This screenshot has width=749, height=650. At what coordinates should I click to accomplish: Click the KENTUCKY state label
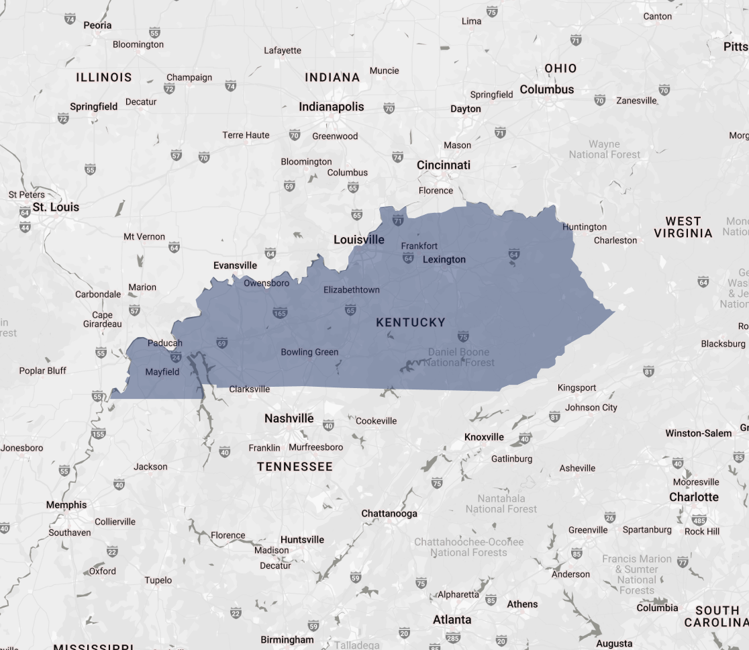410,322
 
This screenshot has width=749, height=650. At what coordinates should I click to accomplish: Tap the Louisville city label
359,240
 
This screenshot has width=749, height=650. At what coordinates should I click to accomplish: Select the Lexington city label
444,260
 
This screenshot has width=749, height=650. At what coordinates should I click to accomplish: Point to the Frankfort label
419,246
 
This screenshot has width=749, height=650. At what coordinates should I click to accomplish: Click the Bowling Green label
309,352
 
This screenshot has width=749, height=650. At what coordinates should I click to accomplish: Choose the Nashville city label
289,418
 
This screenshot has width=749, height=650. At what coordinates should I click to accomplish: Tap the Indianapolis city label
331,107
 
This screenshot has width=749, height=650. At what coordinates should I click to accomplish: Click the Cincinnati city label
444,165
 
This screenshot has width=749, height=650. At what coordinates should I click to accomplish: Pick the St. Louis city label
56,207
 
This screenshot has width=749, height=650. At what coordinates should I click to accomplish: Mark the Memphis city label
66,505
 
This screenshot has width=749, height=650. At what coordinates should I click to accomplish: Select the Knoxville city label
484,437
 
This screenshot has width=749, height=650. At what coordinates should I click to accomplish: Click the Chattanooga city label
389,514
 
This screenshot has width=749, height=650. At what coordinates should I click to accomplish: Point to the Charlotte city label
694,498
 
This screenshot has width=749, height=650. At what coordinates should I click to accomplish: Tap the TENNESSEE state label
295,467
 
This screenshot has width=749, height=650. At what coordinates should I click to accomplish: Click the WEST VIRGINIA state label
683,227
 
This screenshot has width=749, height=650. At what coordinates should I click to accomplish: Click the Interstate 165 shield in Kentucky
280,313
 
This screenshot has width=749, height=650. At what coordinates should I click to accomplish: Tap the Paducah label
164,343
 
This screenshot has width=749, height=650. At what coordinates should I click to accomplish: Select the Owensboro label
266,283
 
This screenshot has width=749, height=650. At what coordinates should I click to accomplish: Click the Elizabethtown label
351,290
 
